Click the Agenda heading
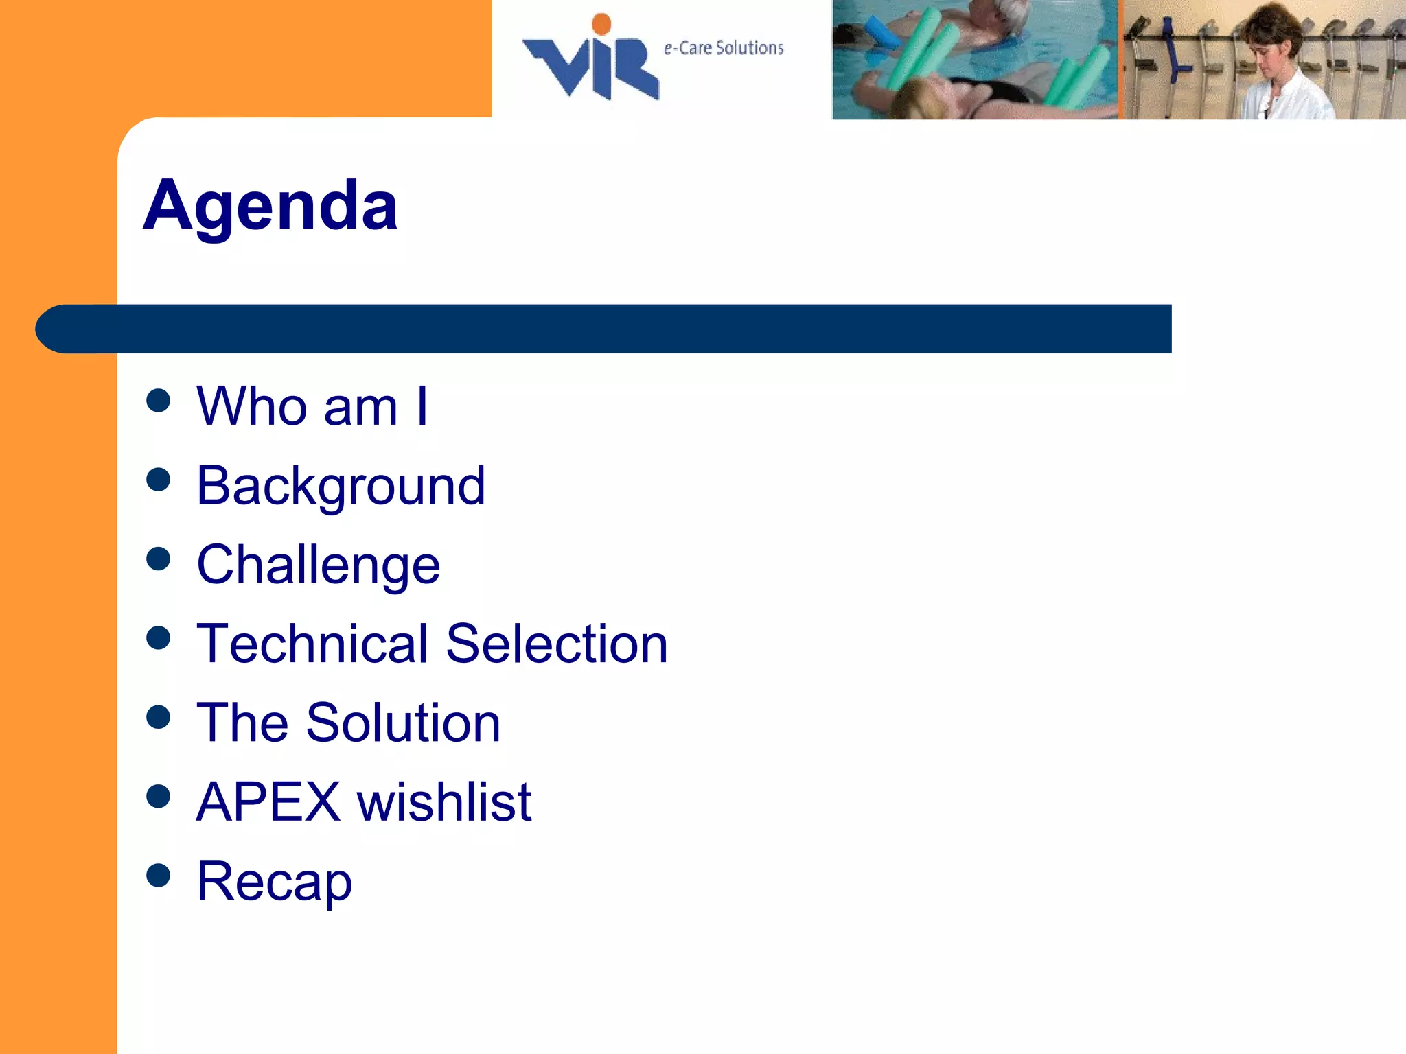270,206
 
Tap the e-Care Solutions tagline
724,48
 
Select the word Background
341,486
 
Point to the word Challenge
318,565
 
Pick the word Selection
557,644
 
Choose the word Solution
403,723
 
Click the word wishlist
444,801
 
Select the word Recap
274,881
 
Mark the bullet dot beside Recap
159,876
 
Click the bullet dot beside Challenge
159,559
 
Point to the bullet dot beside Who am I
159,401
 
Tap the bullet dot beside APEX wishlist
159,796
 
